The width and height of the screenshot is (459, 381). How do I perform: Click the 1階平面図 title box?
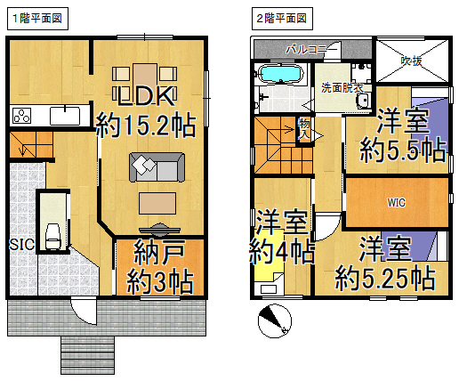coord(37,19)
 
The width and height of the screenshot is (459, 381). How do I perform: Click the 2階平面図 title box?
coord(282,19)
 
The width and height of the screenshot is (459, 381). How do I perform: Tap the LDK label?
coord(146,96)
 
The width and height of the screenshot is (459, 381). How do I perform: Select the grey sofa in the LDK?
coord(157,167)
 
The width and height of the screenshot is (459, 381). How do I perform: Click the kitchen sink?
coord(65,116)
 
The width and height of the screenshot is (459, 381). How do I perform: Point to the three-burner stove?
coord(21,116)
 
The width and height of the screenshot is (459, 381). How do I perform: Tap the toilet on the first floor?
coord(52,237)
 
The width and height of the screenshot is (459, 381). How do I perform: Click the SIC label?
coord(21,245)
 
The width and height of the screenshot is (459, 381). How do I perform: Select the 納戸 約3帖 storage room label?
coord(160,266)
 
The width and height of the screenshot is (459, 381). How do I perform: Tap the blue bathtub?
coord(281,73)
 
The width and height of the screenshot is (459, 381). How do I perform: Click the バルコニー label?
coord(311,50)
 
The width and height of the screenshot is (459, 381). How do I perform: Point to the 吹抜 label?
coord(412,61)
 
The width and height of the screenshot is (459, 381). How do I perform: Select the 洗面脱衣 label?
coord(342,88)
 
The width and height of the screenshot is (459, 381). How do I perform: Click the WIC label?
coord(397,203)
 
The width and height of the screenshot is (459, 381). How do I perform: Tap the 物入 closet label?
coord(304,129)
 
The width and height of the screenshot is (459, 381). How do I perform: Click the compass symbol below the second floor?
coord(275,320)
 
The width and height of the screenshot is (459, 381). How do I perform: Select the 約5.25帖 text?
coord(385,279)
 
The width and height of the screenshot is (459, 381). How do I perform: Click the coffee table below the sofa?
coord(157,203)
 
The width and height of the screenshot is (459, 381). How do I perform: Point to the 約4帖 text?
coord(282,252)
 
